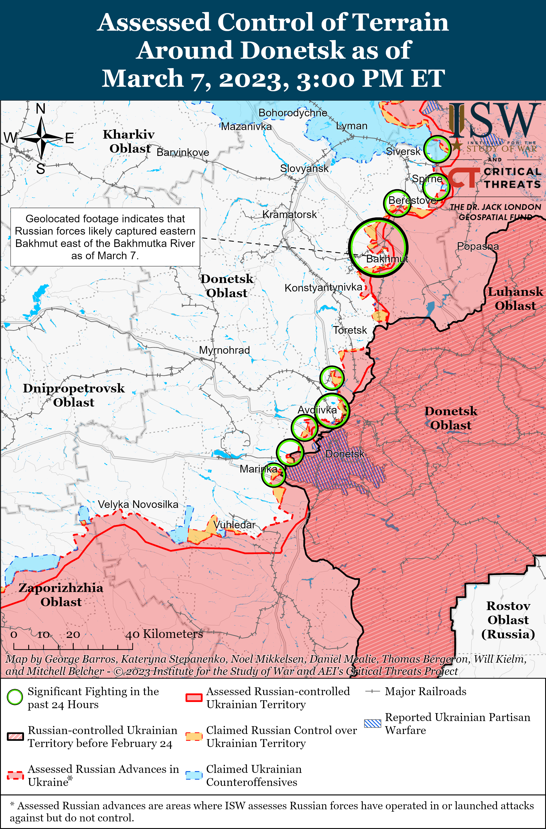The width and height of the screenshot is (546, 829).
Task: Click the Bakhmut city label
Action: (387, 259)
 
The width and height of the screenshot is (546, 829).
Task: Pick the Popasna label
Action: (478, 246)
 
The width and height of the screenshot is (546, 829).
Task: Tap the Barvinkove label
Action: (183, 152)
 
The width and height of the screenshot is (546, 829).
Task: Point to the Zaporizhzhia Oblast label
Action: (61, 595)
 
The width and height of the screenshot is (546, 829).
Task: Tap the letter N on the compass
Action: (41, 109)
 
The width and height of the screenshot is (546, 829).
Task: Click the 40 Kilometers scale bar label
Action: (164, 634)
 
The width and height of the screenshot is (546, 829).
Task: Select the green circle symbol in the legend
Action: (15, 697)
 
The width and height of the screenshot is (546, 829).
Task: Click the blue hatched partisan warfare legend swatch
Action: (373, 723)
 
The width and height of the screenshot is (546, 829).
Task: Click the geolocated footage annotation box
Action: (105, 237)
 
